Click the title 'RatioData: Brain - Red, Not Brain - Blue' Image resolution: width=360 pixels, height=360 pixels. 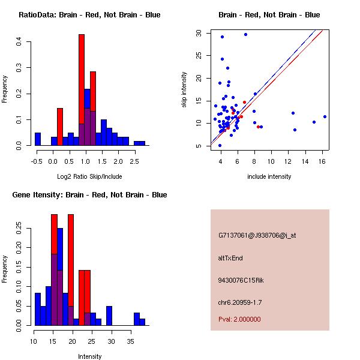coord(89,15)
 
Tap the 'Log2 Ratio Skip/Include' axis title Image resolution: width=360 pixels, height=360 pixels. coord(89,176)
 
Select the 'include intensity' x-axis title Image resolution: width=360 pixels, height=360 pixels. coord(269,176)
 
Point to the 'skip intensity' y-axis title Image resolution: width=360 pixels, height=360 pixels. coord(184,90)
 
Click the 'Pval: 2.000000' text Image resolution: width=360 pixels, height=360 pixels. coord(239,319)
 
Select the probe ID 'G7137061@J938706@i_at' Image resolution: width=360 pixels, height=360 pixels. coord(257,235)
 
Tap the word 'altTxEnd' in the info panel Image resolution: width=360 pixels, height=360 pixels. coord(230,258)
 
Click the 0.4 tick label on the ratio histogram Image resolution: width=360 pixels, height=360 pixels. coord(20,41)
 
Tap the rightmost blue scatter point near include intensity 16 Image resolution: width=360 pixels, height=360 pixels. coord(325,116)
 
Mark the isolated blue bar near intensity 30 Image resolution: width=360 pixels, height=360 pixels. coord(109,316)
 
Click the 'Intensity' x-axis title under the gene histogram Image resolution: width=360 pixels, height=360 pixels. coord(89,356)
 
